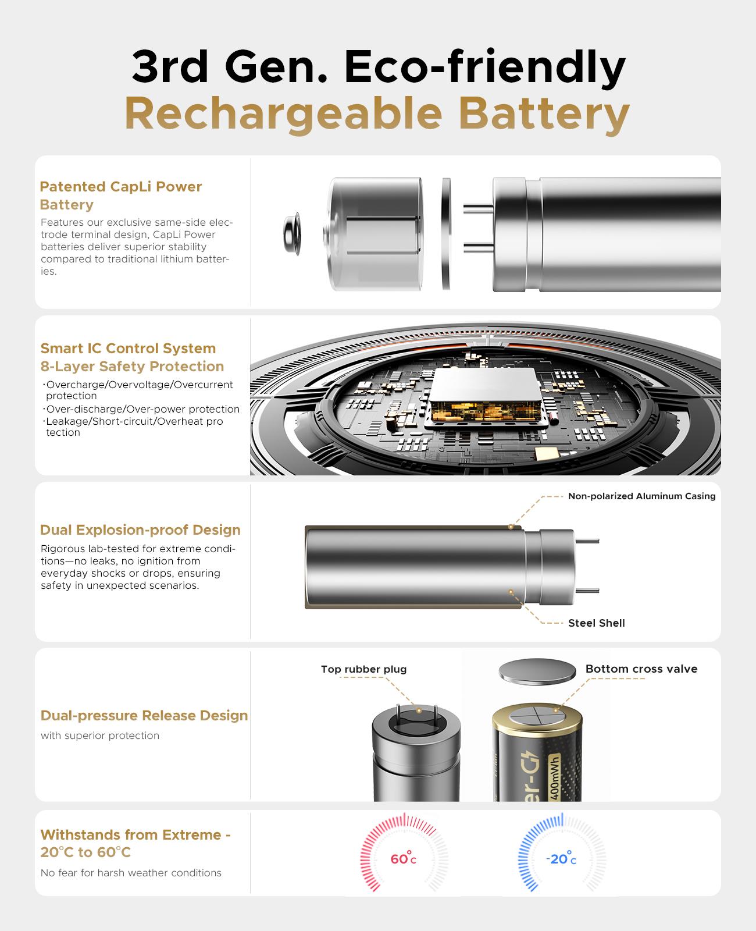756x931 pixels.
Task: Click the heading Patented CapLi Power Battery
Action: point(121,196)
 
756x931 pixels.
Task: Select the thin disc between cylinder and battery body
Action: point(446,234)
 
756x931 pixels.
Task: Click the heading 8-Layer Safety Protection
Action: point(132,367)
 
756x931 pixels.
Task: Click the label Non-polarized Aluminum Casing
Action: point(641,496)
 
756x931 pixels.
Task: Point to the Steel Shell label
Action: point(596,623)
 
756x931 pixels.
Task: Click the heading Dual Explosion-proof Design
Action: point(140,530)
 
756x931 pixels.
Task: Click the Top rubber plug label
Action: point(363,669)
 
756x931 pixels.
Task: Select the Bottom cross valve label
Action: point(641,669)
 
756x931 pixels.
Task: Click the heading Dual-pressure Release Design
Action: point(144,716)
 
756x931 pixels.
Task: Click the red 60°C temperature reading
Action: point(403,859)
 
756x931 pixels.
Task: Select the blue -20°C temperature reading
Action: point(561,859)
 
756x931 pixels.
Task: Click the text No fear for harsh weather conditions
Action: point(131,873)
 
